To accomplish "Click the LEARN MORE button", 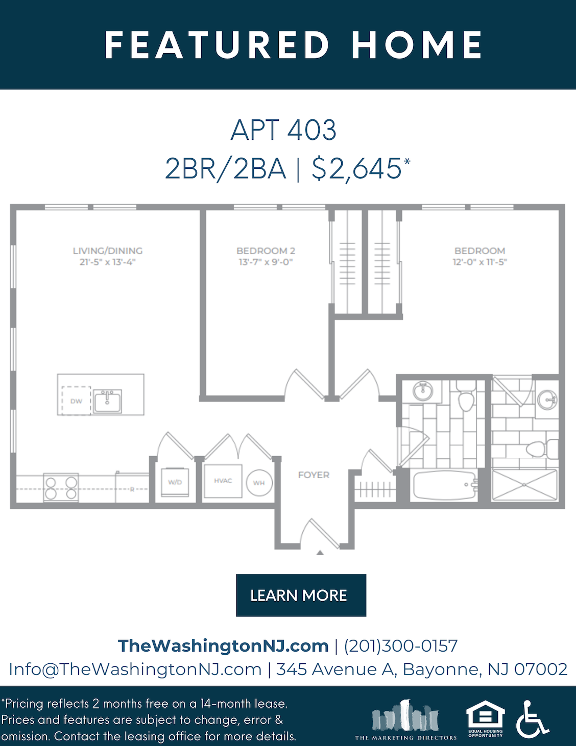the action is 301,595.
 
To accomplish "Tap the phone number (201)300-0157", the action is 401,646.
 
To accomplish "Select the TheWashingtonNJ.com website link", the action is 223,646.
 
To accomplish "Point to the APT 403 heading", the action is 283,130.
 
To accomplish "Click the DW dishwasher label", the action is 76,401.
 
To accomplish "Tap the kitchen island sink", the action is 108,401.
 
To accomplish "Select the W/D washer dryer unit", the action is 175,482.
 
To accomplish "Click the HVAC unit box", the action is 223,481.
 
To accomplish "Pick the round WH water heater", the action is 259,483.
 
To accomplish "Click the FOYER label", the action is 314,475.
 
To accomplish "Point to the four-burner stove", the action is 61,488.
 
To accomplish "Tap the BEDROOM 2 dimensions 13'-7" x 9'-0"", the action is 266,262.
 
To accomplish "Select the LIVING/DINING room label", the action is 108,251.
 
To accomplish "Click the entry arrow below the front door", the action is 320,553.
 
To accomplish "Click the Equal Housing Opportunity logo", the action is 485,718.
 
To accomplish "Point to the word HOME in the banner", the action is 417,44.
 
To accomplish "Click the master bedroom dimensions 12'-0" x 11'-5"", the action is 480,262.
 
